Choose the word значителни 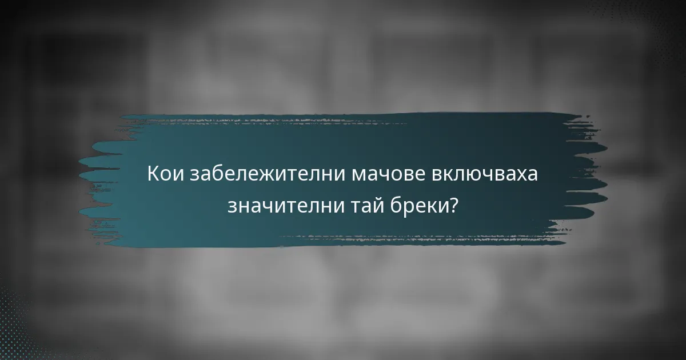tap(282, 205)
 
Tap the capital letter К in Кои tap(153, 174)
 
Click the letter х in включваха tap(520, 174)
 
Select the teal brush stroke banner tap(343, 137)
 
